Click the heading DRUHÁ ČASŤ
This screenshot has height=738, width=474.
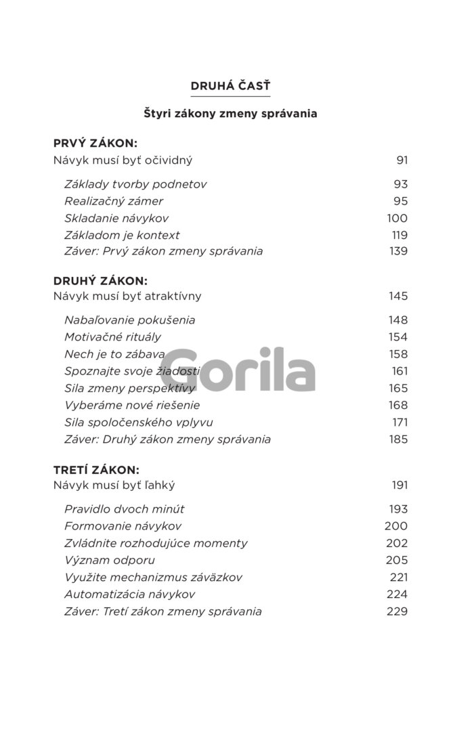230,86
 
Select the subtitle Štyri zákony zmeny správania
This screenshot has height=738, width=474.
230,114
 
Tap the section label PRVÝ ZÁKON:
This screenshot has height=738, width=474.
95,144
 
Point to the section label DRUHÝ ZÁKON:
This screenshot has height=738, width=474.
100,280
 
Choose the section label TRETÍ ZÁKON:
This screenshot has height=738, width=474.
96,469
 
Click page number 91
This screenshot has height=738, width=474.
402,160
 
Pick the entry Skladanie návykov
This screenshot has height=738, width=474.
116,218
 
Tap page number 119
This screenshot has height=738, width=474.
399,235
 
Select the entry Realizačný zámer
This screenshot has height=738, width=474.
114,201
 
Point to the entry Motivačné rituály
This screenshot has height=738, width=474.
112,337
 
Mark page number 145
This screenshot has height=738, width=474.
398,296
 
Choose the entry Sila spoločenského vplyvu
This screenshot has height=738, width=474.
139,422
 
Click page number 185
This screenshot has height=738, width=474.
398,439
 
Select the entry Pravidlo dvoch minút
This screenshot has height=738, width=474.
125,509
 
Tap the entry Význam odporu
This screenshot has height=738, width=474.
110,560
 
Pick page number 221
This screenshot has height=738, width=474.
399,577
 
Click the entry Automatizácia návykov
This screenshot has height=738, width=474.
130,594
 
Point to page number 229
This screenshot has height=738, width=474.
398,611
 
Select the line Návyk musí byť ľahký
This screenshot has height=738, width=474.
114,485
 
